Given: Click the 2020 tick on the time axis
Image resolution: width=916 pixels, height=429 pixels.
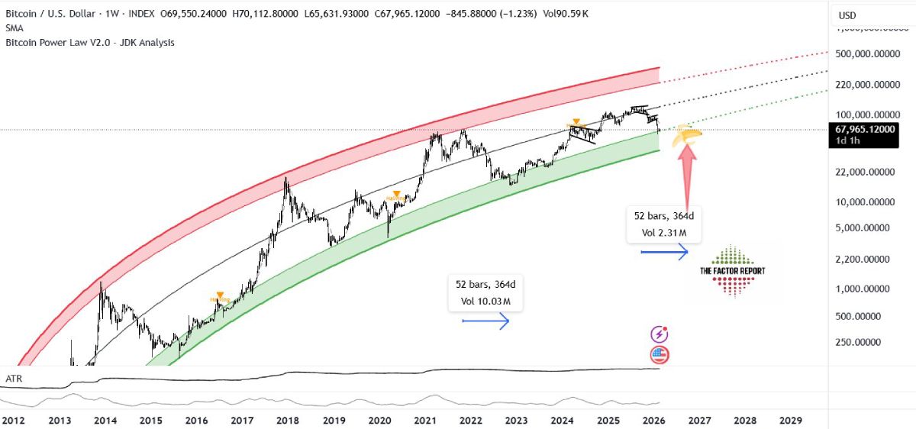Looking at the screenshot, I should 379,421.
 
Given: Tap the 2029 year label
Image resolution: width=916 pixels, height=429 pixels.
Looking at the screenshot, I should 790,421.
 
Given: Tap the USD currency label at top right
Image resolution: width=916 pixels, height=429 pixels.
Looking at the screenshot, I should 847,15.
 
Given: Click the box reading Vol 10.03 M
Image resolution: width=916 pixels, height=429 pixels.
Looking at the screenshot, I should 485,293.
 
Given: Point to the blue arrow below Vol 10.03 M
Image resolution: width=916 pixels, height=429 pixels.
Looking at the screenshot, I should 485,323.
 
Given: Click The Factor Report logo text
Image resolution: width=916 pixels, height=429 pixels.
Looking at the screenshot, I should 732,271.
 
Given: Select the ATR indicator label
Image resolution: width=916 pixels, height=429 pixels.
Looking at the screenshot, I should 13,378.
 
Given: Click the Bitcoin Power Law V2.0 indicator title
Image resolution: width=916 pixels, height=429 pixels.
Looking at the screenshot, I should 90,43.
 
